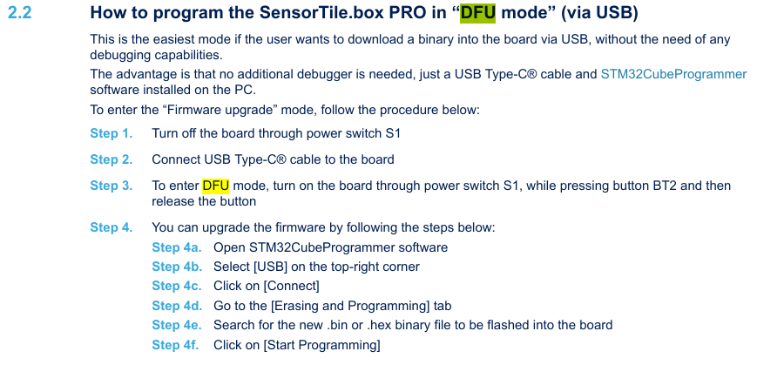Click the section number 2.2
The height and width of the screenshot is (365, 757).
click(x=19, y=14)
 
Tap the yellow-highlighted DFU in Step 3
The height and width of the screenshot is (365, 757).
click(x=215, y=186)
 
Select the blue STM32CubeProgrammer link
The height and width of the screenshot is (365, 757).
click(x=673, y=74)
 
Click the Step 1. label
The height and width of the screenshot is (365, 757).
click(x=112, y=133)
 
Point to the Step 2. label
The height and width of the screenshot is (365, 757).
click(x=112, y=159)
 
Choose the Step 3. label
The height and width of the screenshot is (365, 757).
click(x=112, y=186)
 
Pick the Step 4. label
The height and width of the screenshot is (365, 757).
click(x=112, y=227)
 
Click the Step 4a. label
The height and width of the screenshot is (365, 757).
click(x=177, y=247)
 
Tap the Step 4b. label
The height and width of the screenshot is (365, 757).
click(x=177, y=267)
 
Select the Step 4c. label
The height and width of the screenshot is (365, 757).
click(x=177, y=286)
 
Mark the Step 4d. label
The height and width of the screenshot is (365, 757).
click(x=177, y=306)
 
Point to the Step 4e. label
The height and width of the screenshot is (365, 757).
click(x=177, y=325)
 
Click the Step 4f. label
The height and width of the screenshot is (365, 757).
click(x=176, y=345)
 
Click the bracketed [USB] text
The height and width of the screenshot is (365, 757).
click(x=270, y=267)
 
